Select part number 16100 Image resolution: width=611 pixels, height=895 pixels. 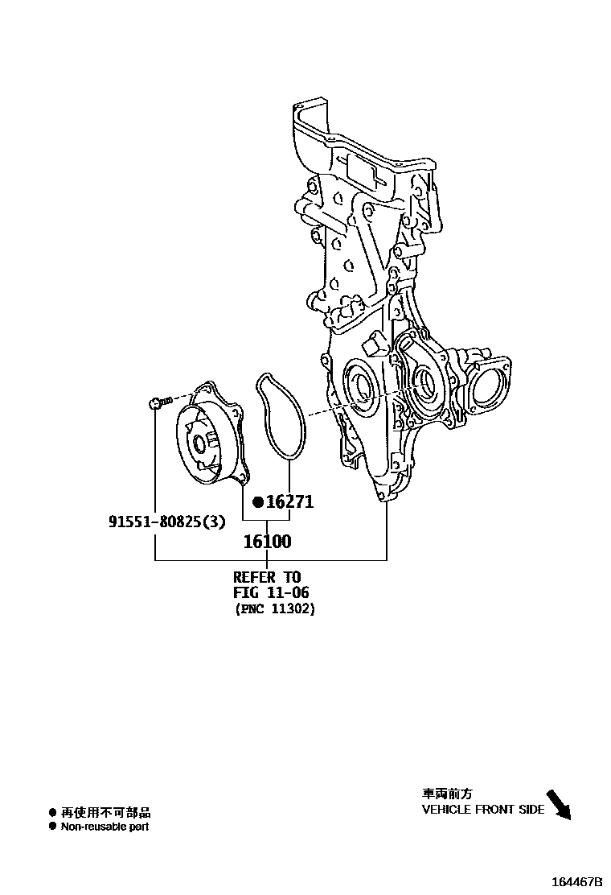pyautogui.click(x=267, y=542)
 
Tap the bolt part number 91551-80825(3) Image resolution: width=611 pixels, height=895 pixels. pyautogui.click(x=167, y=522)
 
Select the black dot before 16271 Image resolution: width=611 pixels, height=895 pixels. pyautogui.click(x=258, y=502)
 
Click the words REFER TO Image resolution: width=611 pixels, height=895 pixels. pyautogui.click(x=266, y=577)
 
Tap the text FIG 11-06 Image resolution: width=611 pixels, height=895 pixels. pyautogui.click(x=271, y=593)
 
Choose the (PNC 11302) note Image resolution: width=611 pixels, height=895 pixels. pyautogui.click(x=275, y=609)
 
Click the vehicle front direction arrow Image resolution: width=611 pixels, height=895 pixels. pyautogui.click(x=558, y=805)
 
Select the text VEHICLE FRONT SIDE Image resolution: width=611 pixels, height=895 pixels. pyautogui.click(x=483, y=810)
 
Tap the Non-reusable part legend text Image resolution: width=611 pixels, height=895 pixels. pyautogui.click(x=105, y=827)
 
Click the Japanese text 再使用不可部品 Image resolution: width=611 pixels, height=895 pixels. pyautogui.click(x=105, y=813)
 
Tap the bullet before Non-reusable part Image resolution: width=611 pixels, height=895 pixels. pyautogui.click(x=53, y=827)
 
